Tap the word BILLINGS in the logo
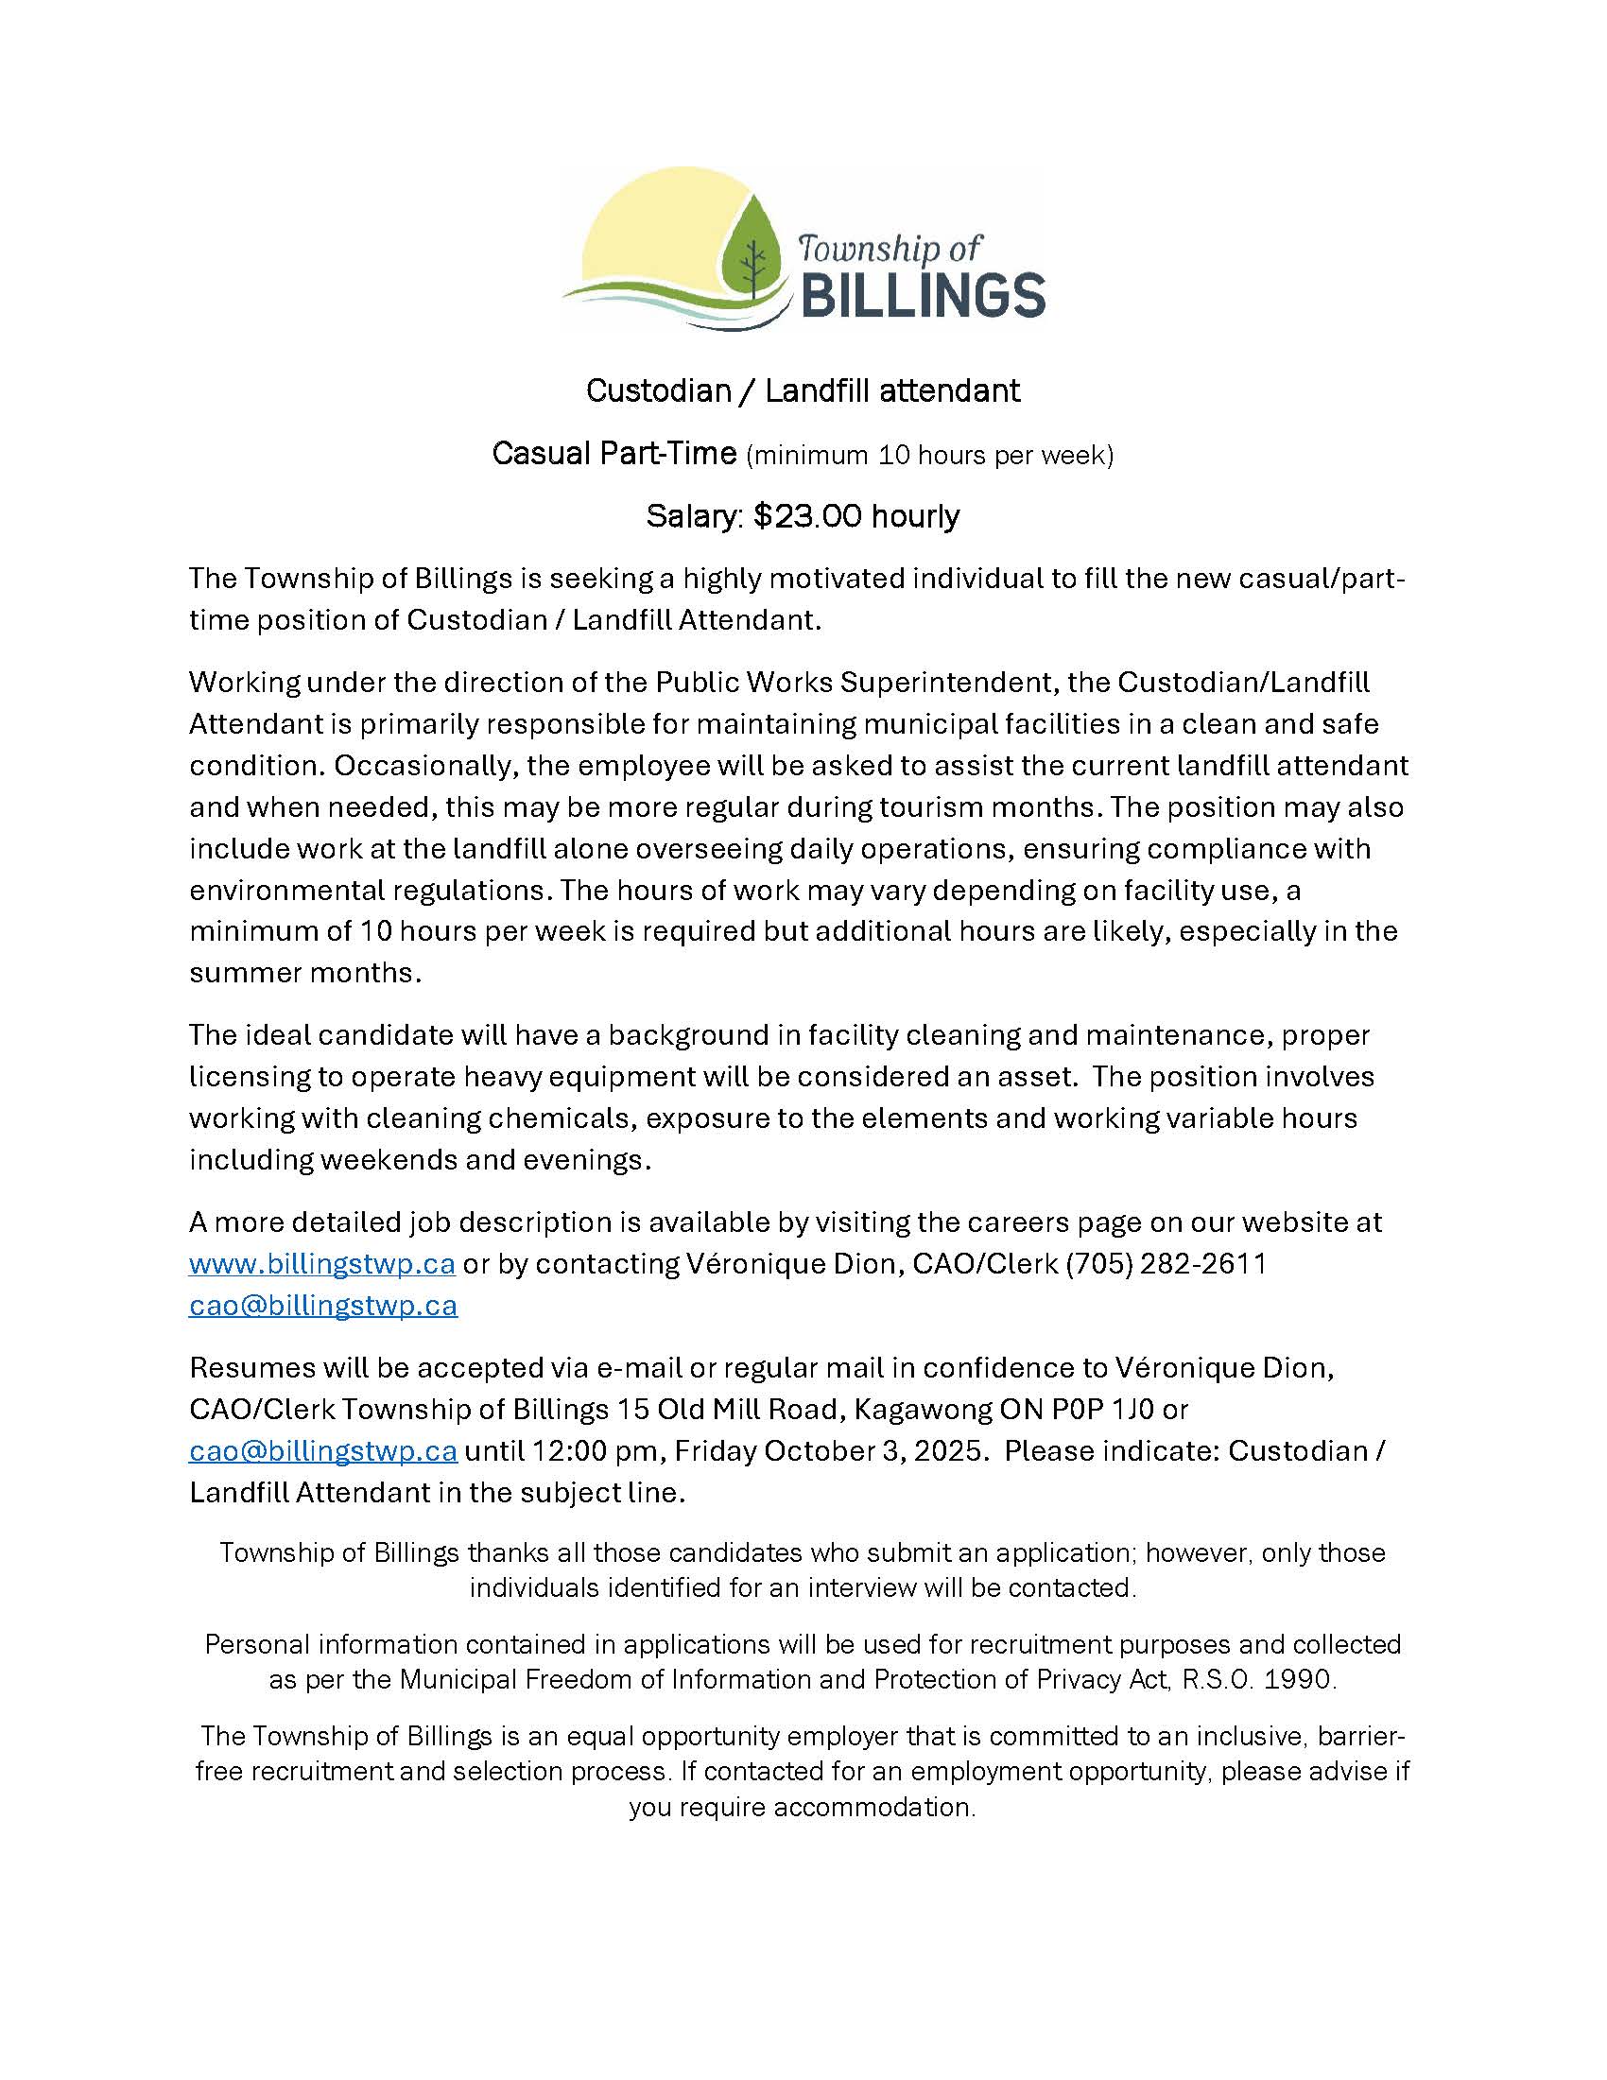923,294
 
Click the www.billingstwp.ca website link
321,1264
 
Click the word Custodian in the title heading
658,390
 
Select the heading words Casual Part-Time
614,453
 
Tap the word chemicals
561,1118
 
